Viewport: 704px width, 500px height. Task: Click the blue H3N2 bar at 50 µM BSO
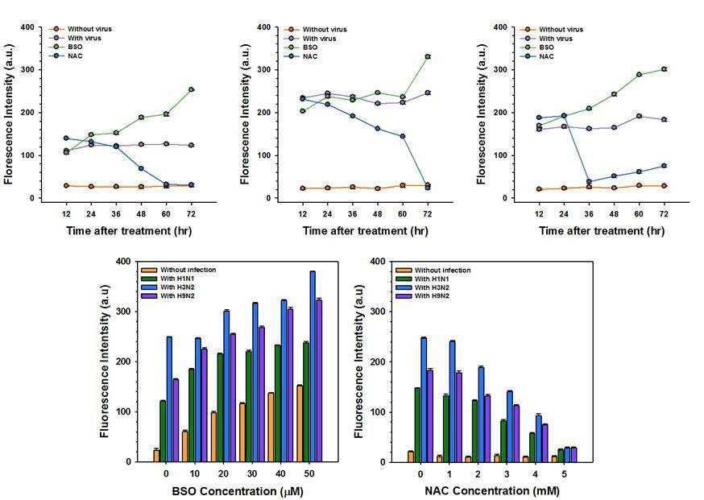313,366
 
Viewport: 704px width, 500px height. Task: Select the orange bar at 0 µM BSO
156,456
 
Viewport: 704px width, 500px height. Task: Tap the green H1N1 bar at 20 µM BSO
220,408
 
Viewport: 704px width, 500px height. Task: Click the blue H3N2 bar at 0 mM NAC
424,400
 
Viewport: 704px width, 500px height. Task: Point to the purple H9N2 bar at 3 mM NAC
516,433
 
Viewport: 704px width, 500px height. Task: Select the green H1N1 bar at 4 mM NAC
532,448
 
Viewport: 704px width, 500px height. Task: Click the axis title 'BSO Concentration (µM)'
238,491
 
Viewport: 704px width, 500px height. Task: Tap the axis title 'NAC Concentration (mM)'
492,491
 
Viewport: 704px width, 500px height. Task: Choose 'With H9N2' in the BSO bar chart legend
178,295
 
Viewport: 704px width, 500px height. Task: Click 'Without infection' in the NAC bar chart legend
443,271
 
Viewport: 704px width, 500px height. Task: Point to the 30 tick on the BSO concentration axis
252,473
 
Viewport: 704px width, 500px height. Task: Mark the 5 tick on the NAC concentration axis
565,473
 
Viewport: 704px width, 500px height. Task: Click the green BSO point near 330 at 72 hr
428,57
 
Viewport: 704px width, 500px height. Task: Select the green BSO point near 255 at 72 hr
191,89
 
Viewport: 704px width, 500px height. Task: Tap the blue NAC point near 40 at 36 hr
589,182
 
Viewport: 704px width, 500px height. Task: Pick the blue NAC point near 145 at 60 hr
403,136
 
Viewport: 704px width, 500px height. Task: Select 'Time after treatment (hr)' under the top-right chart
602,231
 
